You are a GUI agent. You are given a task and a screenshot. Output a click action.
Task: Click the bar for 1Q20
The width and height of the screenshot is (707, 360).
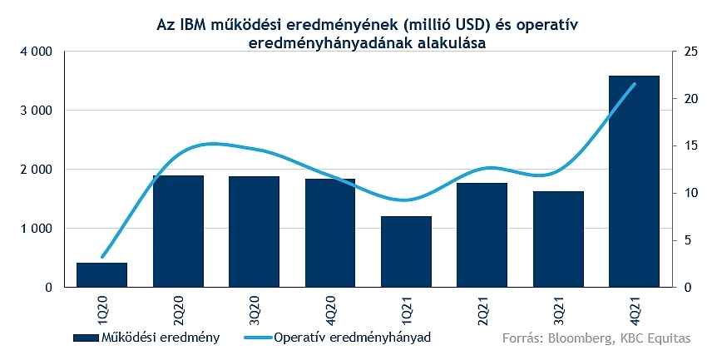[x=101, y=275]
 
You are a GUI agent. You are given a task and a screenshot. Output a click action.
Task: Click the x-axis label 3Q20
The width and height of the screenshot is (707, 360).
[x=254, y=308]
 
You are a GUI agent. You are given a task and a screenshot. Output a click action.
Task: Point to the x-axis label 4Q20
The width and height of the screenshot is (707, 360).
[x=329, y=308]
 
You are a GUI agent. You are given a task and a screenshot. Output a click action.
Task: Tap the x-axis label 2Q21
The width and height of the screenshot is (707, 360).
[x=482, y=308]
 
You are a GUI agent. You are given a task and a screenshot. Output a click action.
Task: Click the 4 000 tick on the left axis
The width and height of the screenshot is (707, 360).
[x=36, y=52]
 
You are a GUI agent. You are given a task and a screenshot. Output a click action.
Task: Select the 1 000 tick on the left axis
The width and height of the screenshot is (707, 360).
[x=36, y=229]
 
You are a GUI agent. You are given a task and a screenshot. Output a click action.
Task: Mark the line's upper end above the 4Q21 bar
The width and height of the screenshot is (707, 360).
[x=634, y=84]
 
